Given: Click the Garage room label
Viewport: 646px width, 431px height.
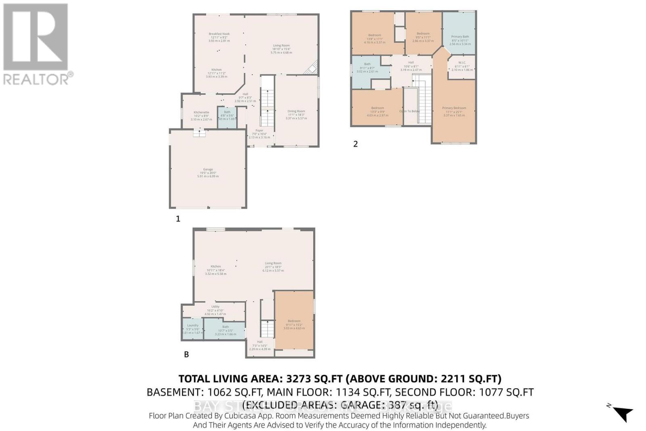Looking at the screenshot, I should [x=208, y=169].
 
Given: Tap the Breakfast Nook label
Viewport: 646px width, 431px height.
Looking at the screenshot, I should [x=219, y=34].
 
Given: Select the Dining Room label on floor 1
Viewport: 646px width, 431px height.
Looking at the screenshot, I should [x=296, y=111].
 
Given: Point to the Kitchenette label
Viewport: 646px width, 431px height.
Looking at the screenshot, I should [x=201, y=112].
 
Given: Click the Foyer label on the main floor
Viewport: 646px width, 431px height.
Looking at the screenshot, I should [x=259, y=130].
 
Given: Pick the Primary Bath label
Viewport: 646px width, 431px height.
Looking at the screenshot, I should [x=460, y=37].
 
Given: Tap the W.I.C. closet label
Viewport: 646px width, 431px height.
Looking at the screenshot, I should [x=462, y=63].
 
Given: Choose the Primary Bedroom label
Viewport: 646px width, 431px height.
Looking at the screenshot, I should [x=454, y=108].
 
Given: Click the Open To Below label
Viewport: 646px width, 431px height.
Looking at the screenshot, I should [x=410, y=111].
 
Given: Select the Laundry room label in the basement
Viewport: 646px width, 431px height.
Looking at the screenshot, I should [x=193, y=325].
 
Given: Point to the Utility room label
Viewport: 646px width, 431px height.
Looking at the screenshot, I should [x=215, y=307].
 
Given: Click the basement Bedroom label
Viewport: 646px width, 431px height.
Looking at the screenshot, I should [x=294, y=321].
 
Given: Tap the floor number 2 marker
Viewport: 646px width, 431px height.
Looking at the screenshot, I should [x=355, y=144].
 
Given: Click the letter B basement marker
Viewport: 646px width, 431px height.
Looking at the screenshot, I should [x=186, y=354].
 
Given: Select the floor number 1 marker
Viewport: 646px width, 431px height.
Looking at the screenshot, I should [x=178, y=219].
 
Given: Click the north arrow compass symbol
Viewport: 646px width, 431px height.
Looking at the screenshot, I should [x=623, y=413].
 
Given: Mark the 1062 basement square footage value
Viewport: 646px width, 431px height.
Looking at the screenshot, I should [x=220, y=392].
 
